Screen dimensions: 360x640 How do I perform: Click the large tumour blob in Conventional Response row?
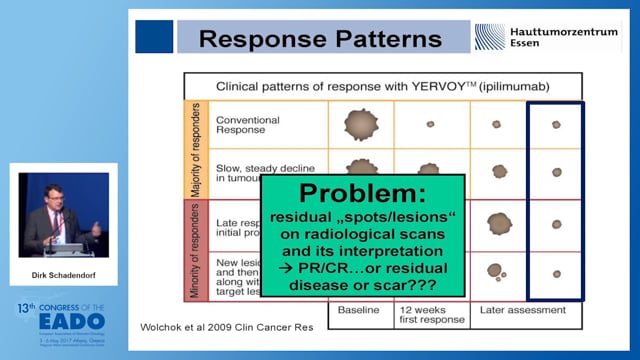(x=361, y=124)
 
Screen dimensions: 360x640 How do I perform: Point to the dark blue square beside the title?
(x=154, y=37)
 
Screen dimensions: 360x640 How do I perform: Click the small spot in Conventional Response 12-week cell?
(x=430, y=124)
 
